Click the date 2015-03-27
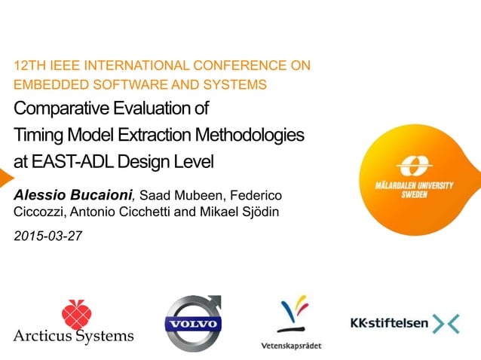point(48,236)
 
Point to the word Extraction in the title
point(158,135)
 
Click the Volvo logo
point(194,324)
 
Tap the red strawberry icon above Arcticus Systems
point(74,313)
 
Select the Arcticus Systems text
point(73,336)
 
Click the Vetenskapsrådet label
point(290,345)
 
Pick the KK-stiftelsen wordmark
point(389,324)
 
